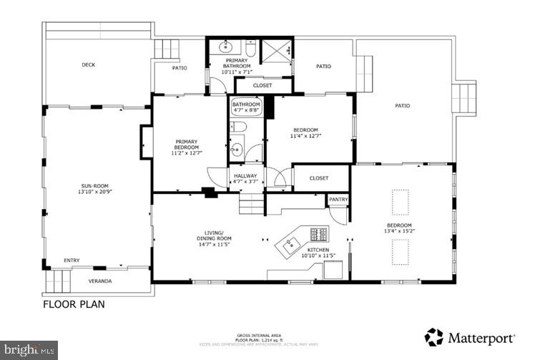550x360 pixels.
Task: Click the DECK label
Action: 88,65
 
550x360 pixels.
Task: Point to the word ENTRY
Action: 72,261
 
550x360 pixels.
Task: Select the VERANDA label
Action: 99,281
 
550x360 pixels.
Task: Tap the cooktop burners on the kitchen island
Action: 318,234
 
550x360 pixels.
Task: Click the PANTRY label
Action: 338,200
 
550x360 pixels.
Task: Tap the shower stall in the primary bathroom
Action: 275,51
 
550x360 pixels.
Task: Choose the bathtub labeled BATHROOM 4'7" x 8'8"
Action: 247,107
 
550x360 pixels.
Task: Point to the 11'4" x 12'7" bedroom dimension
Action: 305,135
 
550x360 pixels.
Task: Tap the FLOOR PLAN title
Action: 74,304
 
